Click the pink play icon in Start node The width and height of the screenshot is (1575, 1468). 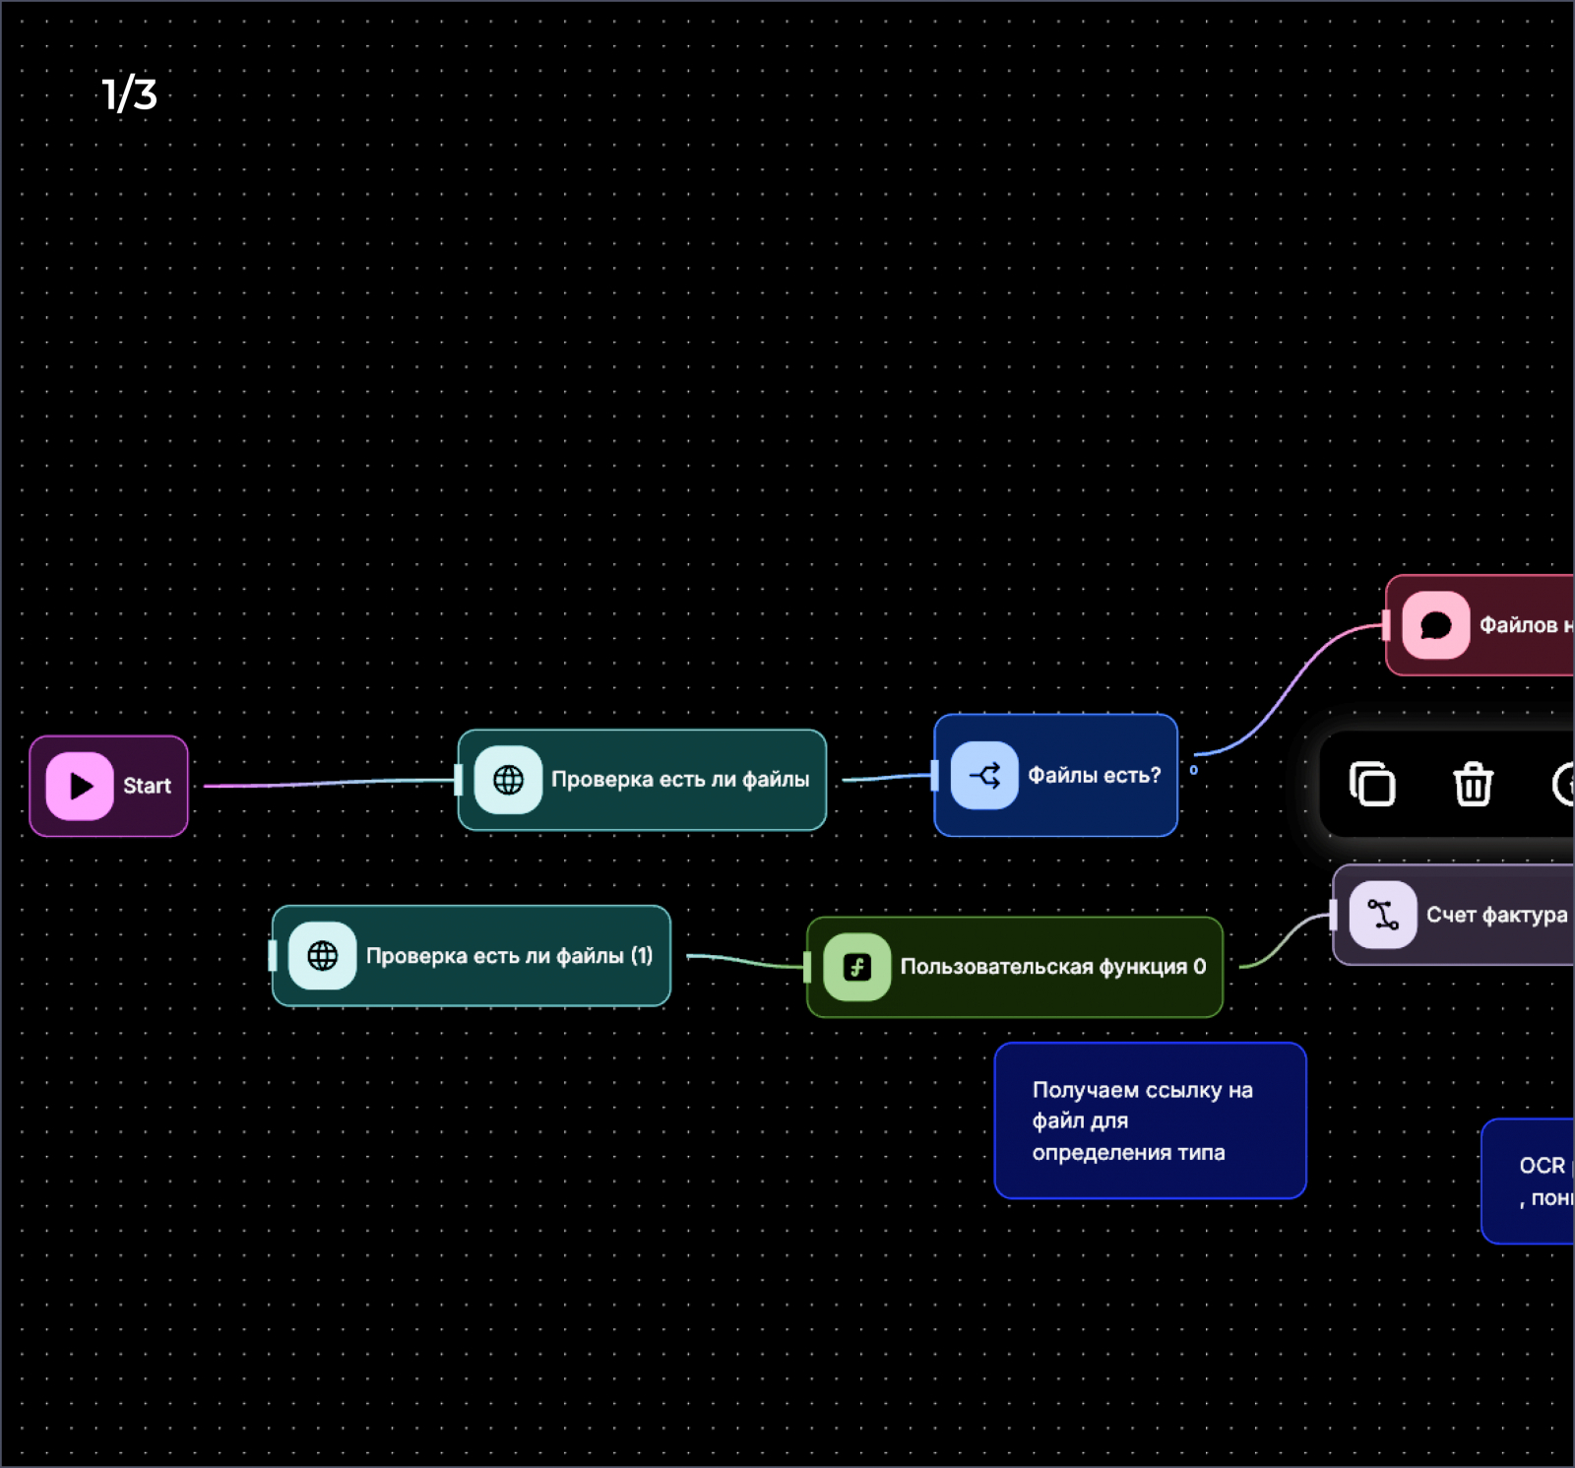[80, 786]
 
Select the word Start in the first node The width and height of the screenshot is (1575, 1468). [147, 786]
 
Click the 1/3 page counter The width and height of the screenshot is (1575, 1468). [129, 95]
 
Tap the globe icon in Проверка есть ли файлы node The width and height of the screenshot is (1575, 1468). [508, 780]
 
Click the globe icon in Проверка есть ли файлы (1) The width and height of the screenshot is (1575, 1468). [323, 955]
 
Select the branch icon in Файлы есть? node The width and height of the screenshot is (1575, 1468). [984, 776]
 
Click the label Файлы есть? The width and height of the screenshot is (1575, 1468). [1094, 776]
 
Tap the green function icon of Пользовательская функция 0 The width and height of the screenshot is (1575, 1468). [856, 967]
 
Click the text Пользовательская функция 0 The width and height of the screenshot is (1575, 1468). [1052, 967]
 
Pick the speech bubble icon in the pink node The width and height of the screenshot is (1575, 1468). [1435, 625]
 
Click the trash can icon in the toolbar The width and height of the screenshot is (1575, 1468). [1473, 785]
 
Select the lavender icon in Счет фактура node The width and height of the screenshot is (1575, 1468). [1382, 915]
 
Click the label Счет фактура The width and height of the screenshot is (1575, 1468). [1496, 915]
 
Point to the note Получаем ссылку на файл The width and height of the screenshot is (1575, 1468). [1150, 1120]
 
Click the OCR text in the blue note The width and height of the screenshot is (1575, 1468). [1542, 1166]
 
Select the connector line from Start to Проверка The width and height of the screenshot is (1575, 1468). [325, 783]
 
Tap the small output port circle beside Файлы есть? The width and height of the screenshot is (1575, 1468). [1193, 770]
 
